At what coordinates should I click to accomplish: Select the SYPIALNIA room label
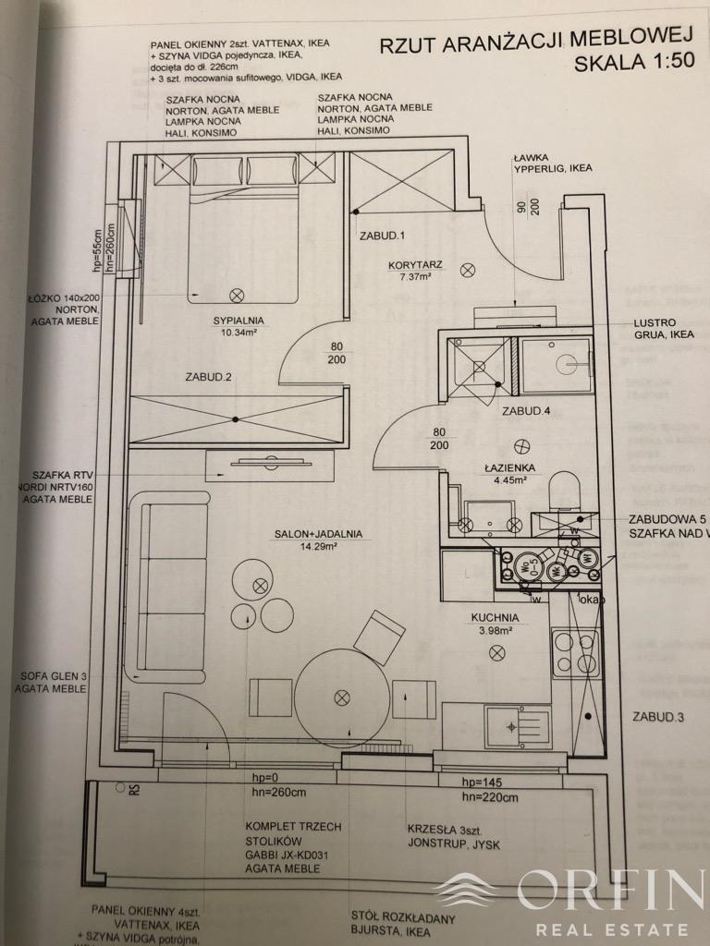point(238,321)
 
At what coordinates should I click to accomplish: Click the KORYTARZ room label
point(415,264)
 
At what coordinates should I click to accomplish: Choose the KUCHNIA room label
point(492,617)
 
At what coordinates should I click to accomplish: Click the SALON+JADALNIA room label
point(316,533)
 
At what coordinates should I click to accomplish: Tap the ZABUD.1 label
point(383,236)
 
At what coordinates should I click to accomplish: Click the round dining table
point(343,695)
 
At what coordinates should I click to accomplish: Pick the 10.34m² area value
point(238,334)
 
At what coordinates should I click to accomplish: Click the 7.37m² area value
point(415,276)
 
